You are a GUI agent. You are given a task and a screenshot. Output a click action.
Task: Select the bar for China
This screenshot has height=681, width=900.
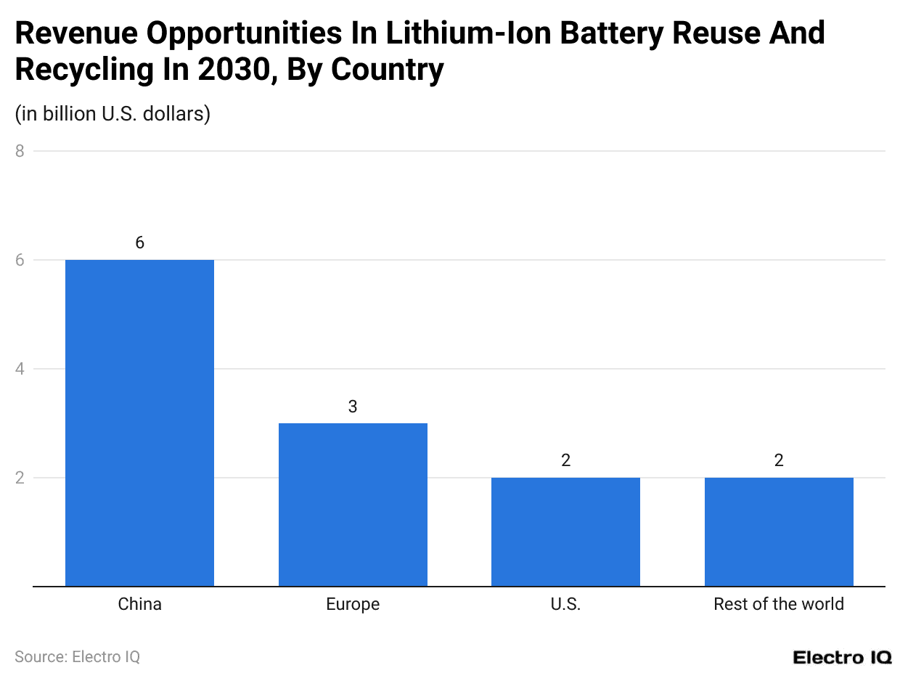139,423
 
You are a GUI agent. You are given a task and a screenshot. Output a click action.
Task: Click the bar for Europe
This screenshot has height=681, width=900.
353,505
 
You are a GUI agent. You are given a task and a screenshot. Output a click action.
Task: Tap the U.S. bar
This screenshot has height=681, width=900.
565,531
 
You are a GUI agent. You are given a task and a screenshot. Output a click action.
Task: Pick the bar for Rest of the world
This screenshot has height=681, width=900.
779,531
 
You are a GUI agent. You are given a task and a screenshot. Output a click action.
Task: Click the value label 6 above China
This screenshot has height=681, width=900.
139,243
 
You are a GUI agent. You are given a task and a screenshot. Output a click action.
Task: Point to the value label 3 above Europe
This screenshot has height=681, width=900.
353,407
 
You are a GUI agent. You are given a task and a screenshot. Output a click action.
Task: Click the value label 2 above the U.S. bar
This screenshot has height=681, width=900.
565,461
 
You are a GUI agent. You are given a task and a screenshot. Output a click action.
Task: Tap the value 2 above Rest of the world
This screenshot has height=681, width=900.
779,461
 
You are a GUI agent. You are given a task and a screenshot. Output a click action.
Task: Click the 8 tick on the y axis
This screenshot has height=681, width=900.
20,151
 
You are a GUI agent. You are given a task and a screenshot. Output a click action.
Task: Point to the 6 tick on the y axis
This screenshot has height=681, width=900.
20,260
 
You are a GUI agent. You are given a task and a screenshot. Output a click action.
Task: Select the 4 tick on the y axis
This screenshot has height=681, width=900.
20,369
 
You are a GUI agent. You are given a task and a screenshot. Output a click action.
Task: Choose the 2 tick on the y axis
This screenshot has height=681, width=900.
20,478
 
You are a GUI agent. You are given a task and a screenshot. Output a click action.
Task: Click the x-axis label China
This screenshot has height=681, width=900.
139,604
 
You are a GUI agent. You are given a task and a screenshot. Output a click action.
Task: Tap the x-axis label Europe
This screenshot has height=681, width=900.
353,604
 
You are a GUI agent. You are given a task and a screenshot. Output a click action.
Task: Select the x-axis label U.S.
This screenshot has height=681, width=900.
565,604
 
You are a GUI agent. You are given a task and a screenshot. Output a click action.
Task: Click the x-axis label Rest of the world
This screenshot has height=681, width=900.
779,604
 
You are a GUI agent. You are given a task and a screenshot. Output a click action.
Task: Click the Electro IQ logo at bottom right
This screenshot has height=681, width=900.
842,658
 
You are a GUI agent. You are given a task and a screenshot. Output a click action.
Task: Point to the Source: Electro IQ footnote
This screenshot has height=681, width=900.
77,657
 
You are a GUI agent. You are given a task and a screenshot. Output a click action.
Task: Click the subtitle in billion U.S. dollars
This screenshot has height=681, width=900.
112,114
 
